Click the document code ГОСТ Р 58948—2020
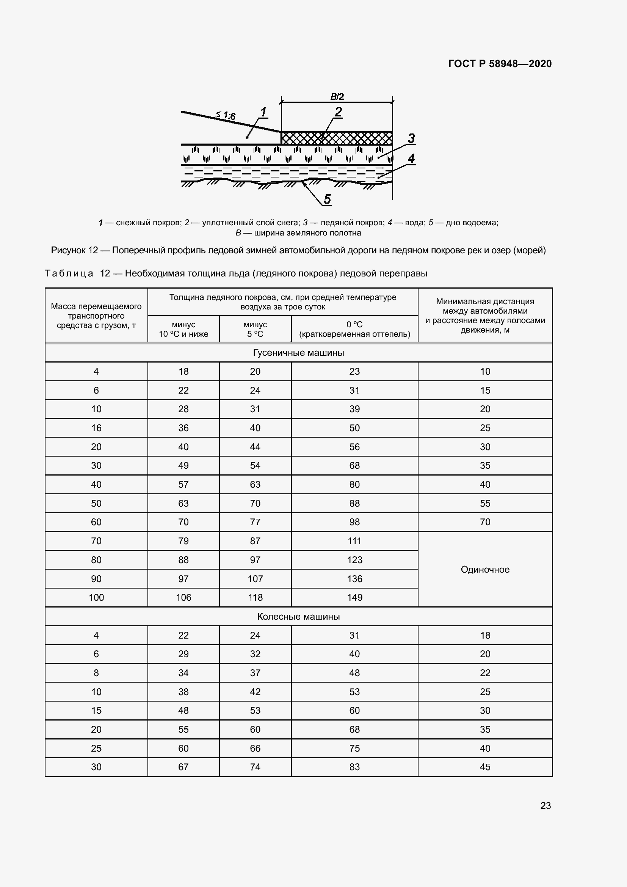[x=500, y=64]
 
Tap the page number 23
[x=545, y=805]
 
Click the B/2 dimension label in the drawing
[x=337, y=97]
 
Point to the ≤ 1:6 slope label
[x=226, y=115]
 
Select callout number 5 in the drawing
[x=327, y=199]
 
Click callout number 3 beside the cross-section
[x=411, y=138]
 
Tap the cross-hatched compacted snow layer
[x=336, y=138]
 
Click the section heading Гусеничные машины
[x=298, y=352]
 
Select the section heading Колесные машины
[x=298, y=616]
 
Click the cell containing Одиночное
[x=485, y=569]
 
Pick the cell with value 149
[x=354, y=597]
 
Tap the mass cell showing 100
[x=96, y=597]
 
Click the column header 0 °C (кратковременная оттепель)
[x=354, y=329]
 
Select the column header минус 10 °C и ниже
[x=183, y=329]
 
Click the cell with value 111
[x=354, y=541]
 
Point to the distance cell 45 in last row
[x=485, y=767]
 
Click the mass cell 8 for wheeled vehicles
[x=96, y=673]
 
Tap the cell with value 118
[x=255, y=597]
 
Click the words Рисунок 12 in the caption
[x=75, y=250]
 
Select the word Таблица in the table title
[x=69, y=273]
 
